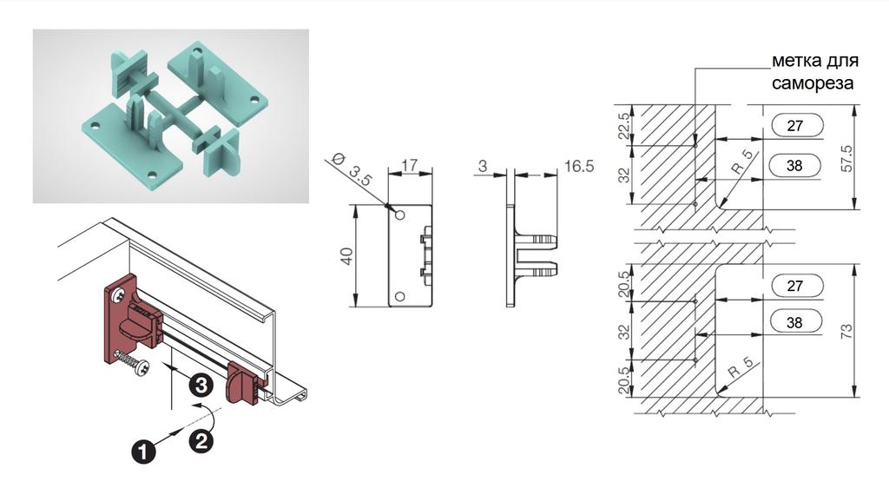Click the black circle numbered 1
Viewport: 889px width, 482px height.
(x=143, y=452)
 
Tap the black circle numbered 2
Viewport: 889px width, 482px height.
(x=201, y=441)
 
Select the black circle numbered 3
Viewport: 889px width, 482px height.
(x=200, y=386)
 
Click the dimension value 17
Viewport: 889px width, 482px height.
(x=409, y=164)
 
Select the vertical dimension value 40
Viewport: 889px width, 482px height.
(x=347, y=255)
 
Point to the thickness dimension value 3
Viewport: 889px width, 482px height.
(x=483, y=166)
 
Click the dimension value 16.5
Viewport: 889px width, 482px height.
(x=579, y=166)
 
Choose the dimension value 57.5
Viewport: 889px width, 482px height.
(x=846, y=159)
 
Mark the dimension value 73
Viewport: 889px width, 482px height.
(x=846, y=331)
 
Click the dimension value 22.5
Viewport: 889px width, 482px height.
(x=623, y=126)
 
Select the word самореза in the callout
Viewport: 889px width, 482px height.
(x=812, y=83)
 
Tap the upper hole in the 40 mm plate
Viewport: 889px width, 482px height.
(x=399, y=215)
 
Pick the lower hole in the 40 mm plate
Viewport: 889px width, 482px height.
(x=399, y=296)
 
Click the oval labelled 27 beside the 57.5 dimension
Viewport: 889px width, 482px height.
(x=796, y=125)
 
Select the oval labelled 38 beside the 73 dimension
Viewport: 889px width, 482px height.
(x=796, y=322)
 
